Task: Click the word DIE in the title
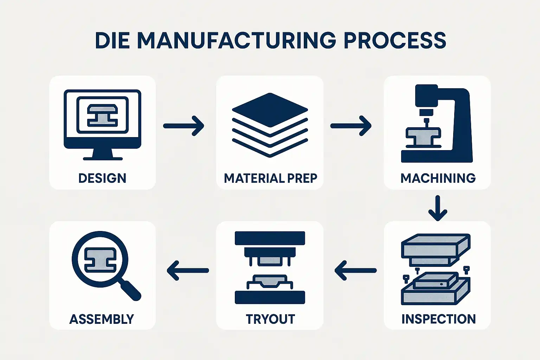[x=112, y=40]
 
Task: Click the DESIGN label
[x=102, y=178]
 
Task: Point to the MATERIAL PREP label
[x=270, y=178]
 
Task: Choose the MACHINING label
[x=438, y=178]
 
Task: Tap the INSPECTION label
[x=438, y=319]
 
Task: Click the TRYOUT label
[x=270, y=319]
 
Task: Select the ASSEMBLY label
[x=102, y=319]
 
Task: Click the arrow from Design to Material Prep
[x=184, y=126]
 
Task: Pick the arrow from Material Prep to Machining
[x=351, y=126]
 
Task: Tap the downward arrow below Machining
[x=438, y=208]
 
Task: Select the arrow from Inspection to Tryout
[x=355, y=270]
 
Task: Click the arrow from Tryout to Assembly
[x=187, y=270]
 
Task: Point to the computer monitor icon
[x=102, y=120]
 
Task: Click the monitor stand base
[x=103, y=158]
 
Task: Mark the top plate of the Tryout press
[x=270, y=238]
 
